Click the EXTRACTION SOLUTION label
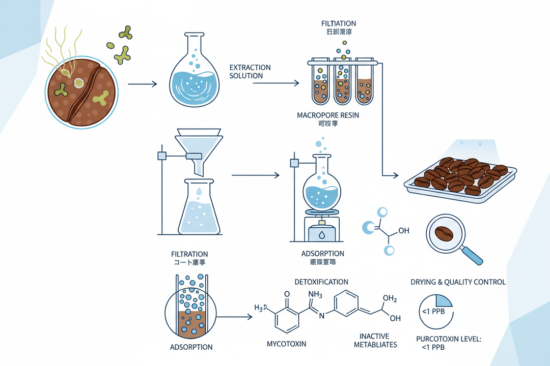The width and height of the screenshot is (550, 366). [x=250, y=72]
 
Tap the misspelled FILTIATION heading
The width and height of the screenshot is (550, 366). [x=339, y=23]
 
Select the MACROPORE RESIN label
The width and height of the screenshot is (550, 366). [x=328, y=115]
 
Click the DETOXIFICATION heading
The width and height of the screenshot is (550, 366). [x=321, y=282]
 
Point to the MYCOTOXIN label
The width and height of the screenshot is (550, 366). [x=287, y=344]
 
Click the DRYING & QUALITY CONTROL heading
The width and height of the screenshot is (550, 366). [x=458, y=282]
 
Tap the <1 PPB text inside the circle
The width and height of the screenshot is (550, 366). [x=432, y=311]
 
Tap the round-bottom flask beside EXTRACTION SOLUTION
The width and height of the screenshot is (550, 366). [x=194, y=76]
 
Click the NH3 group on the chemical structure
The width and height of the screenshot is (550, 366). [x=315, y=294]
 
